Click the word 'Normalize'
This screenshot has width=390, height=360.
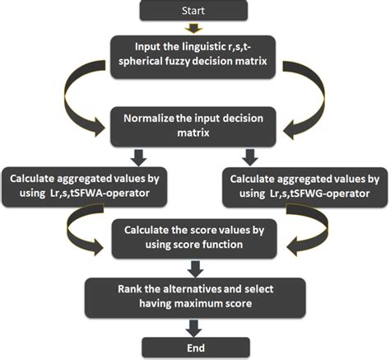tap(153, 117)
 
